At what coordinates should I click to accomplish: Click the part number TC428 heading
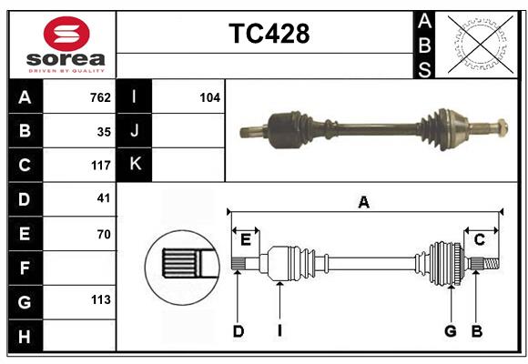click(269, 34)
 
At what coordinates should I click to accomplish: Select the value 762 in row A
click(100, 97)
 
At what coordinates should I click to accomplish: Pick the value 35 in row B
click(104, 131)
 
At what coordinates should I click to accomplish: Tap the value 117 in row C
click(100, 166)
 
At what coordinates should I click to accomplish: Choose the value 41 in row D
click(104, 198)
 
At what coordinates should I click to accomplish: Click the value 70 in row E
click(104, 233)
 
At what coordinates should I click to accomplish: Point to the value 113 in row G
click(100, 299)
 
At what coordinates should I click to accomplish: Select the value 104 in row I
click(209, 97)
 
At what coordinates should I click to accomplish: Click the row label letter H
click(25, 337)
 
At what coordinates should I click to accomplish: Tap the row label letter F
click(25, 268)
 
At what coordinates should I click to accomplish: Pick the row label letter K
click(135, 165)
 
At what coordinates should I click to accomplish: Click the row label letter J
click(135, 131)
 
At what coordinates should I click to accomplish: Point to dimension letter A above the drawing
click(364, 202)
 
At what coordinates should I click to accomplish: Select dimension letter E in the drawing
click(245, 239)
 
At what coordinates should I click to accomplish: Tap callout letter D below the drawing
click(238, 332)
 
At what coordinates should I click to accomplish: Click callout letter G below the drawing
click(450, 332)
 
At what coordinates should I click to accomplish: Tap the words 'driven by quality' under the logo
click(66, 69)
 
